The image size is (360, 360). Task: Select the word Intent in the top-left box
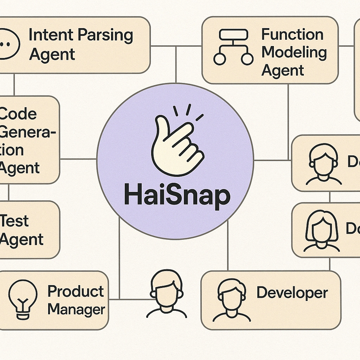(x=51, y=35)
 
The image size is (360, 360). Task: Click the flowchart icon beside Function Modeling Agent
(x=233, y=47)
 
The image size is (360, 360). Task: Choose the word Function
(x=292, y=34)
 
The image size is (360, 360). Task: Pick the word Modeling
(x=294, y=53)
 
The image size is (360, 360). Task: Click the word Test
(x=15, y=221)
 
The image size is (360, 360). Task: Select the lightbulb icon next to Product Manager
(x=22, y=300)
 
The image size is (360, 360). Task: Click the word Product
(x=76, y=291)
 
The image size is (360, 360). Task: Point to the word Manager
(x=76, y=310)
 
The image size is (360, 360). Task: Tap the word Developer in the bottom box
(x=292, y=293)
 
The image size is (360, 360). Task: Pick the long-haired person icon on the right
(x=322, y=231)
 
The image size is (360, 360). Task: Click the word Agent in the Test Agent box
(x=22, y=240)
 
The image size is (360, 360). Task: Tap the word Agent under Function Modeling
(x=283, y=71)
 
